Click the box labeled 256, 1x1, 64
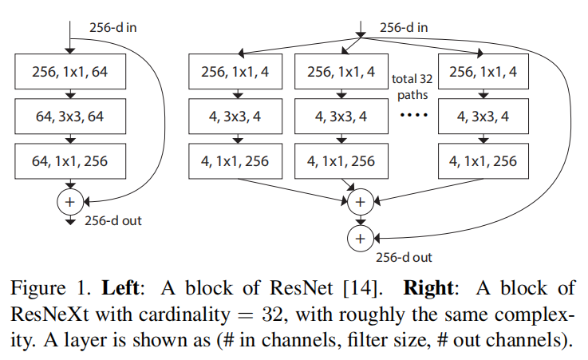[x=69, y=73]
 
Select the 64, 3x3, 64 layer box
[x=69, y=117]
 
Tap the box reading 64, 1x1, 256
[x=69, y=162]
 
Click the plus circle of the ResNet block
[x=69, y=201]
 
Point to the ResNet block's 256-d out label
[x=112, y=221]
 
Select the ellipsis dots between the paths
[x=412, y=117]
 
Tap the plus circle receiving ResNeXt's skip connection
[x=360, y=237]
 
